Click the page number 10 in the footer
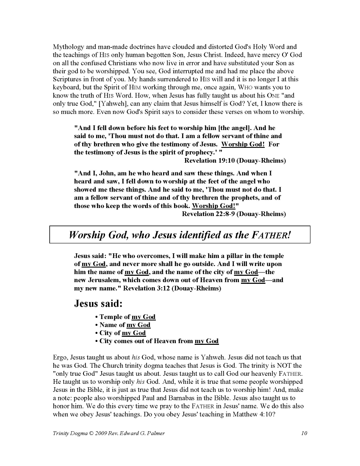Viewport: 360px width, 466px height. (x=304, y=433)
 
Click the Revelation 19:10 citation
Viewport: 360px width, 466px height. (x=235, y=161)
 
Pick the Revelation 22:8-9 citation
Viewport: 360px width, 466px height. (x=234, y=214)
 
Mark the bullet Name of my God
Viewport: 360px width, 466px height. (x=125, y=325)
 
